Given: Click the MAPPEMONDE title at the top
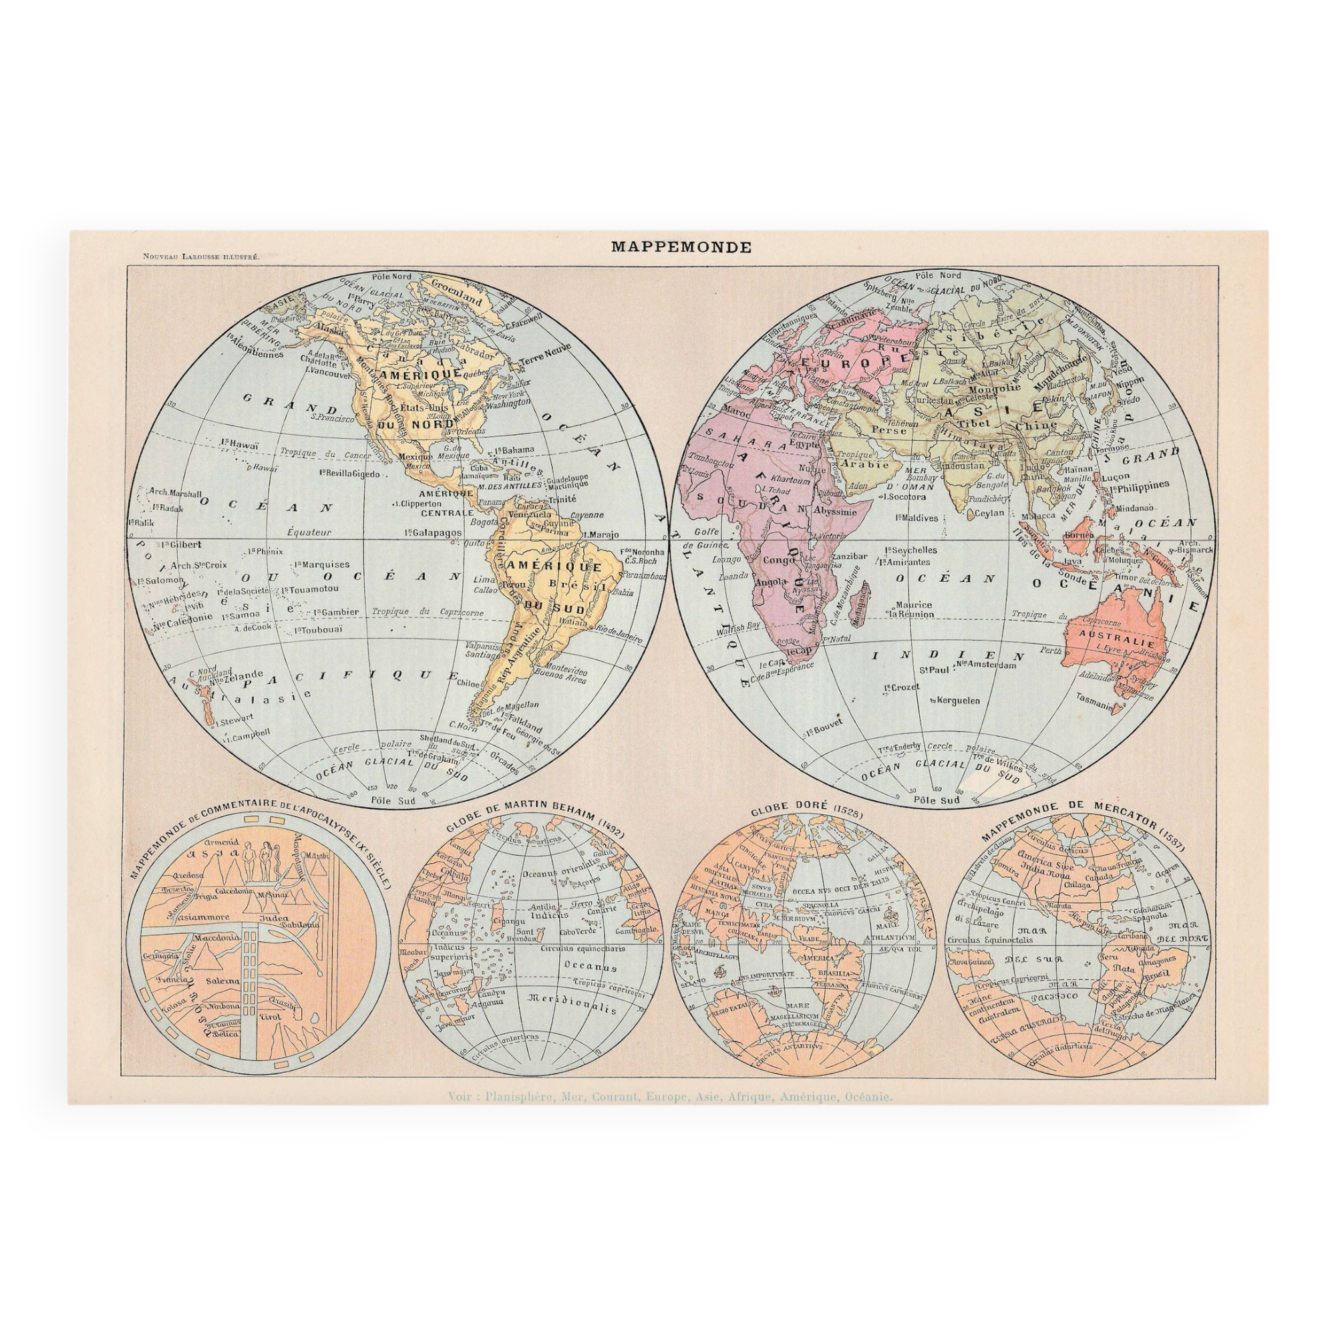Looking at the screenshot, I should point(681,248).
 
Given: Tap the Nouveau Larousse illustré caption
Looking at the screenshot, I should point(200,257).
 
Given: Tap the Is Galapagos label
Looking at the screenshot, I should point(433,532).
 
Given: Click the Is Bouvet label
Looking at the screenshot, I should point(824,730).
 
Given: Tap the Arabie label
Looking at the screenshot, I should point(867,465).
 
